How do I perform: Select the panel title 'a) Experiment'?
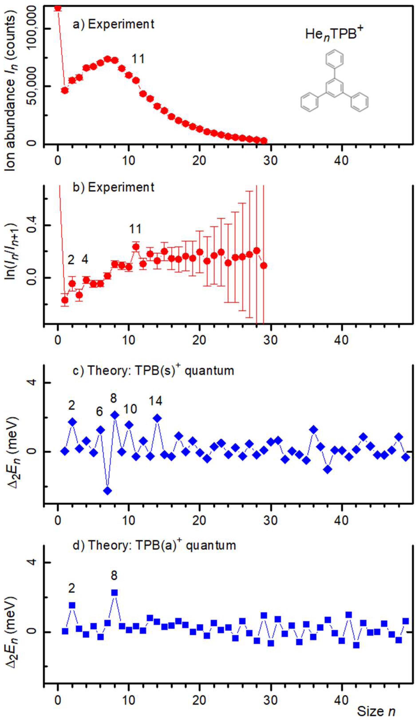(x=114, y=24)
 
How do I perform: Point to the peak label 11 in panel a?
(x=138, y=59)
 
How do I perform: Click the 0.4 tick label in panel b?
(x=34, y=225)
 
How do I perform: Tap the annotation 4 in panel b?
(x=85, y=259)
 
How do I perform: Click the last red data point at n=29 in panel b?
(x=264, y=265)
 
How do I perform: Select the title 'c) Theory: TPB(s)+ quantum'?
(x=154, y=371)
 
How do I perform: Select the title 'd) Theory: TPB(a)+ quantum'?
(x=154, y=545)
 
